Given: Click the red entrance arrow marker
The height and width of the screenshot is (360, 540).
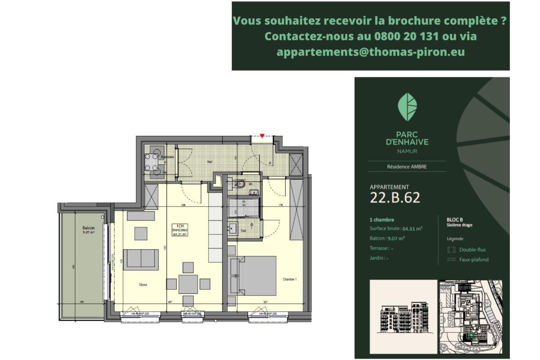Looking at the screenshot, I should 262,135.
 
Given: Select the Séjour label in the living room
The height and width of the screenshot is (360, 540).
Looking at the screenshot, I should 143,284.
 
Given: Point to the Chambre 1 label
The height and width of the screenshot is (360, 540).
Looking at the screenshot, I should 290,279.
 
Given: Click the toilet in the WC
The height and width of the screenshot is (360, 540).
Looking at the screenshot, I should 240,184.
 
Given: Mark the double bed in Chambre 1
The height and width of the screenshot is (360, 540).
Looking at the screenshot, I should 256,274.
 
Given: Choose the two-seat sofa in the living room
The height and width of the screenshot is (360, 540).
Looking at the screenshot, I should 141,259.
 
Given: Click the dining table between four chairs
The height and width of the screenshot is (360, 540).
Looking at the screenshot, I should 188,284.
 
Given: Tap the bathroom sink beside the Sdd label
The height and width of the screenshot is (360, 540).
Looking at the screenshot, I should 233,228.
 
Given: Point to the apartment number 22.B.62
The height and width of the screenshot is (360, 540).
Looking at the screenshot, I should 395,198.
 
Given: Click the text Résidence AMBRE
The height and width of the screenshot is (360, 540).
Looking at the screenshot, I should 407,166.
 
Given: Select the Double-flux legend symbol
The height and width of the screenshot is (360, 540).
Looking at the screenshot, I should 451,250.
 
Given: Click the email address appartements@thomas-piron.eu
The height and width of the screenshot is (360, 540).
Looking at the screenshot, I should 370,52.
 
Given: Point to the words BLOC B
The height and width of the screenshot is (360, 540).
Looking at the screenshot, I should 455,220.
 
